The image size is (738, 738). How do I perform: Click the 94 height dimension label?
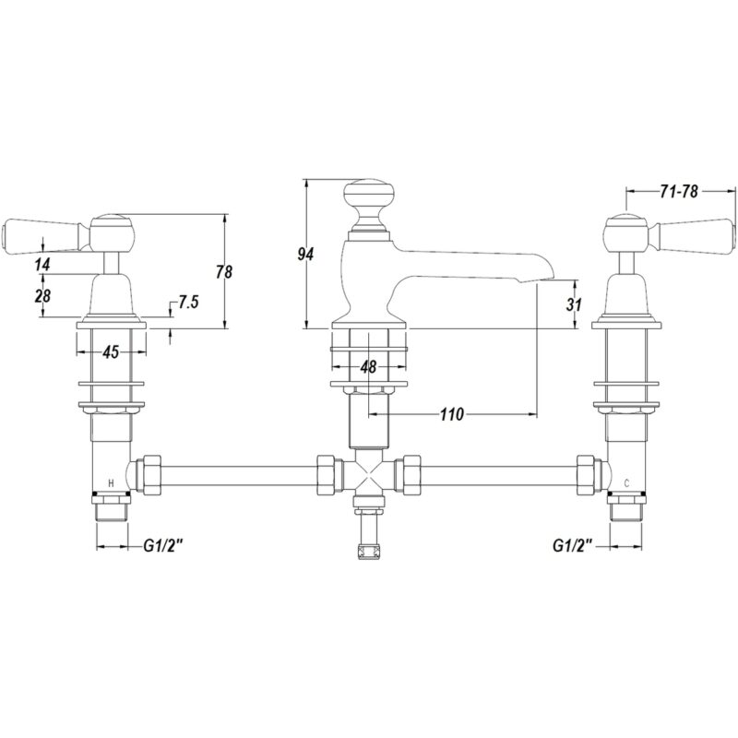click(305, 255)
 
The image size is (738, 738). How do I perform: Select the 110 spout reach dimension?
click(452, 414)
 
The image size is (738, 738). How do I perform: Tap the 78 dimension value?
click(224, 272)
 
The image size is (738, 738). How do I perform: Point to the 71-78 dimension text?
click(679, 192)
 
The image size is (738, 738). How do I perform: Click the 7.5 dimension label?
click(188, 302)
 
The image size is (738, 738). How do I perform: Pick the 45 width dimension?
click(111, 351)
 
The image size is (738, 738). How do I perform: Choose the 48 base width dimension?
click(368, 366)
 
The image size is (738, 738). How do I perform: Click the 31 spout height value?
click(574, 304)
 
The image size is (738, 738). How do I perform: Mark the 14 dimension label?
click(42, 265)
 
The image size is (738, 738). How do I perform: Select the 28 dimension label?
click(42, 296)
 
